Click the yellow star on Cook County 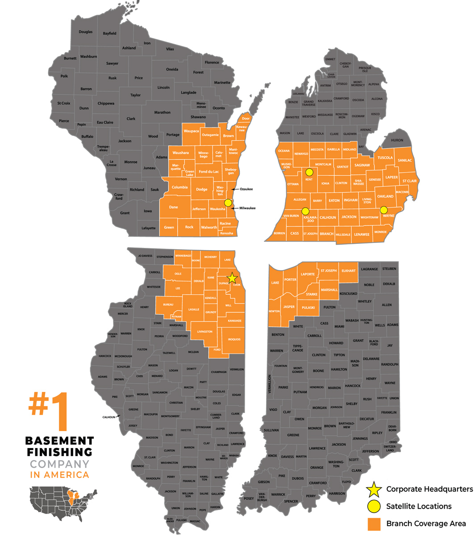click(233, 279)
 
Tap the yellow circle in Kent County click(309, 172)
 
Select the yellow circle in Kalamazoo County click(305, 211)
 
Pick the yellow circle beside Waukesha click(228, 203)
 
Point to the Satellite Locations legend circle click(374, 506)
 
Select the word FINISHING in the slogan click(59, 452)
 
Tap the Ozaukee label click(246, 189)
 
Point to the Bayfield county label click(110, 33)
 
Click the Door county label click(246, 119)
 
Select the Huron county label click(397, 140)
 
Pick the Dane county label click(173, 207)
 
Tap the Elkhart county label click(348, 270)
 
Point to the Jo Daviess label click(146, 256)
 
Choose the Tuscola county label click(385, 158)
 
